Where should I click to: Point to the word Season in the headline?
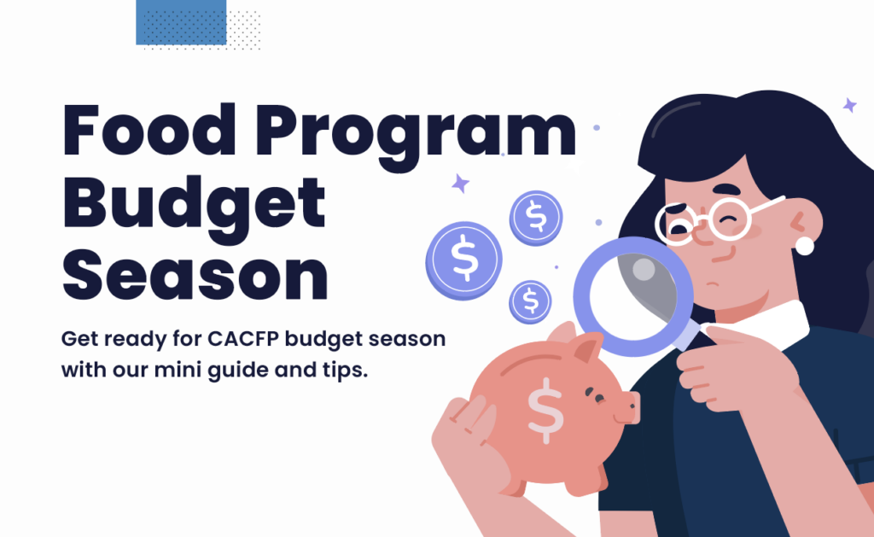point(195,274)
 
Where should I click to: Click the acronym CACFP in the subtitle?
point(243,338)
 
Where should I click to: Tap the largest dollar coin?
point(463,260)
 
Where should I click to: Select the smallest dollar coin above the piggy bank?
point(530,302)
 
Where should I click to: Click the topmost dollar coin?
point(536,218)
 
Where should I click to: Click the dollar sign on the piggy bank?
point(545,411)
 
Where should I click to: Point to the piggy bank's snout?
point(627,407)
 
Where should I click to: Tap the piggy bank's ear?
point(587,347)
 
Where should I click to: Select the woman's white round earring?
point(804,245)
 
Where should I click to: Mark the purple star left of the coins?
point(460,184)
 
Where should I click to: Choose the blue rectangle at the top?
point(181,22)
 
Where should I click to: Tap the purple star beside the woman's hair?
point(849,105)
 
